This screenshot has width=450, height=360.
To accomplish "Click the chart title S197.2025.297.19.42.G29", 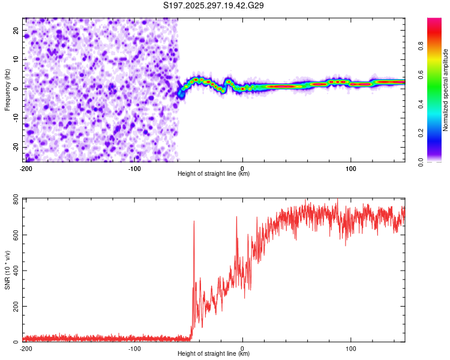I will click(214, 5).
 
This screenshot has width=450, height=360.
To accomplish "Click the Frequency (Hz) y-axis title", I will click(8, 89).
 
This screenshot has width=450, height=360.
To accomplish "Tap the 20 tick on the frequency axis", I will click(16, 30).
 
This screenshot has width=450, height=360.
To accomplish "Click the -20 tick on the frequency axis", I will click(15, 147).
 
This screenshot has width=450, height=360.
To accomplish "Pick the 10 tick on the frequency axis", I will click(16, 59).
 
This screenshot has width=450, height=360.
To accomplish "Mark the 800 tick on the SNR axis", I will click(14, 199).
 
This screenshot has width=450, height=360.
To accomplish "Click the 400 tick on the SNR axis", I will click(14, 271).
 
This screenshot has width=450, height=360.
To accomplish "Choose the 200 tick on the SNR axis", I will click(14, 307).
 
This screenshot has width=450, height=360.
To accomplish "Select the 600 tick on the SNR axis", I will click(14, 235).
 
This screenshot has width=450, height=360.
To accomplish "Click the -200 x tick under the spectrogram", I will click(26, 168).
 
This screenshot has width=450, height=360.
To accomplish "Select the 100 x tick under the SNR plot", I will click(351, 348).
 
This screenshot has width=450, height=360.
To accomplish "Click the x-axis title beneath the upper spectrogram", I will click(214, 174).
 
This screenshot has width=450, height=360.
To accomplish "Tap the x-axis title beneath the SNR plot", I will click(214, 354).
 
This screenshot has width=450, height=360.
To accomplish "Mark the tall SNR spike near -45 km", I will click(194, 223).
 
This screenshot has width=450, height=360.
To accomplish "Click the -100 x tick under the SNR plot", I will click(134, 348).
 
